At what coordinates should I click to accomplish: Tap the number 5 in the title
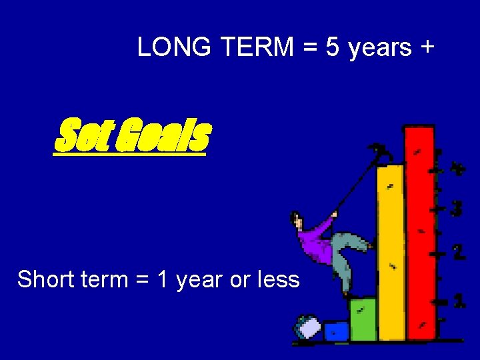pyautogui.click(x=333, y=47)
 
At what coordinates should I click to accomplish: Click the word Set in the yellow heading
pyautogui.click(x=78, y=136)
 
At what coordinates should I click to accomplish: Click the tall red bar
pyautogui.click(x=420, y=233)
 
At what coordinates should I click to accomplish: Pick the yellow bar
pyautogui.click(x=391, y=253)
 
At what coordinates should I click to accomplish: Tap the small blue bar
pyautogui.click(x=337, y=331)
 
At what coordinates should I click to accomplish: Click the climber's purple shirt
pyautogui.click(x=315, y=243)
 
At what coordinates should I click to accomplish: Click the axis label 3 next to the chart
pyautogui.click(x=457, y=209)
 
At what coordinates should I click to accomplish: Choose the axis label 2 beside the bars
pyautogui.click(x=459, y=253)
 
